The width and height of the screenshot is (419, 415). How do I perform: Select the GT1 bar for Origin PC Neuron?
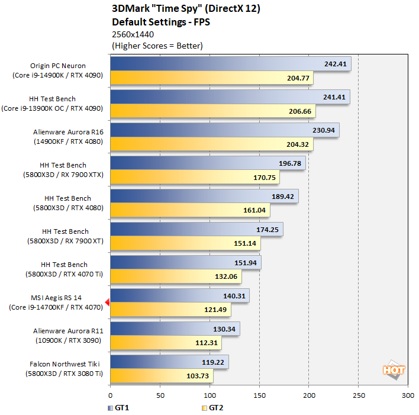230,64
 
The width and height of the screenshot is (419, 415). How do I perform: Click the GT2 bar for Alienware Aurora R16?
211,144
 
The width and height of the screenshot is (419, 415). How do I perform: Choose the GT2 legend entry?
212,407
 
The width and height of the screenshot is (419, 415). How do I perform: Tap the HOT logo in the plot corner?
394,371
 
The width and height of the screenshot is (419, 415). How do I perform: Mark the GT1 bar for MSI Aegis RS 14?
179,295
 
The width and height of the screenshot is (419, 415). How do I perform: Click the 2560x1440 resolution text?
133,34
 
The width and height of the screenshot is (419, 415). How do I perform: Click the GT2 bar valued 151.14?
185,243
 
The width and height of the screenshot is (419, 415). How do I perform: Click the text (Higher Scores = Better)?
157,46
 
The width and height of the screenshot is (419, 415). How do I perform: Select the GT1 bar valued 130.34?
175,329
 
